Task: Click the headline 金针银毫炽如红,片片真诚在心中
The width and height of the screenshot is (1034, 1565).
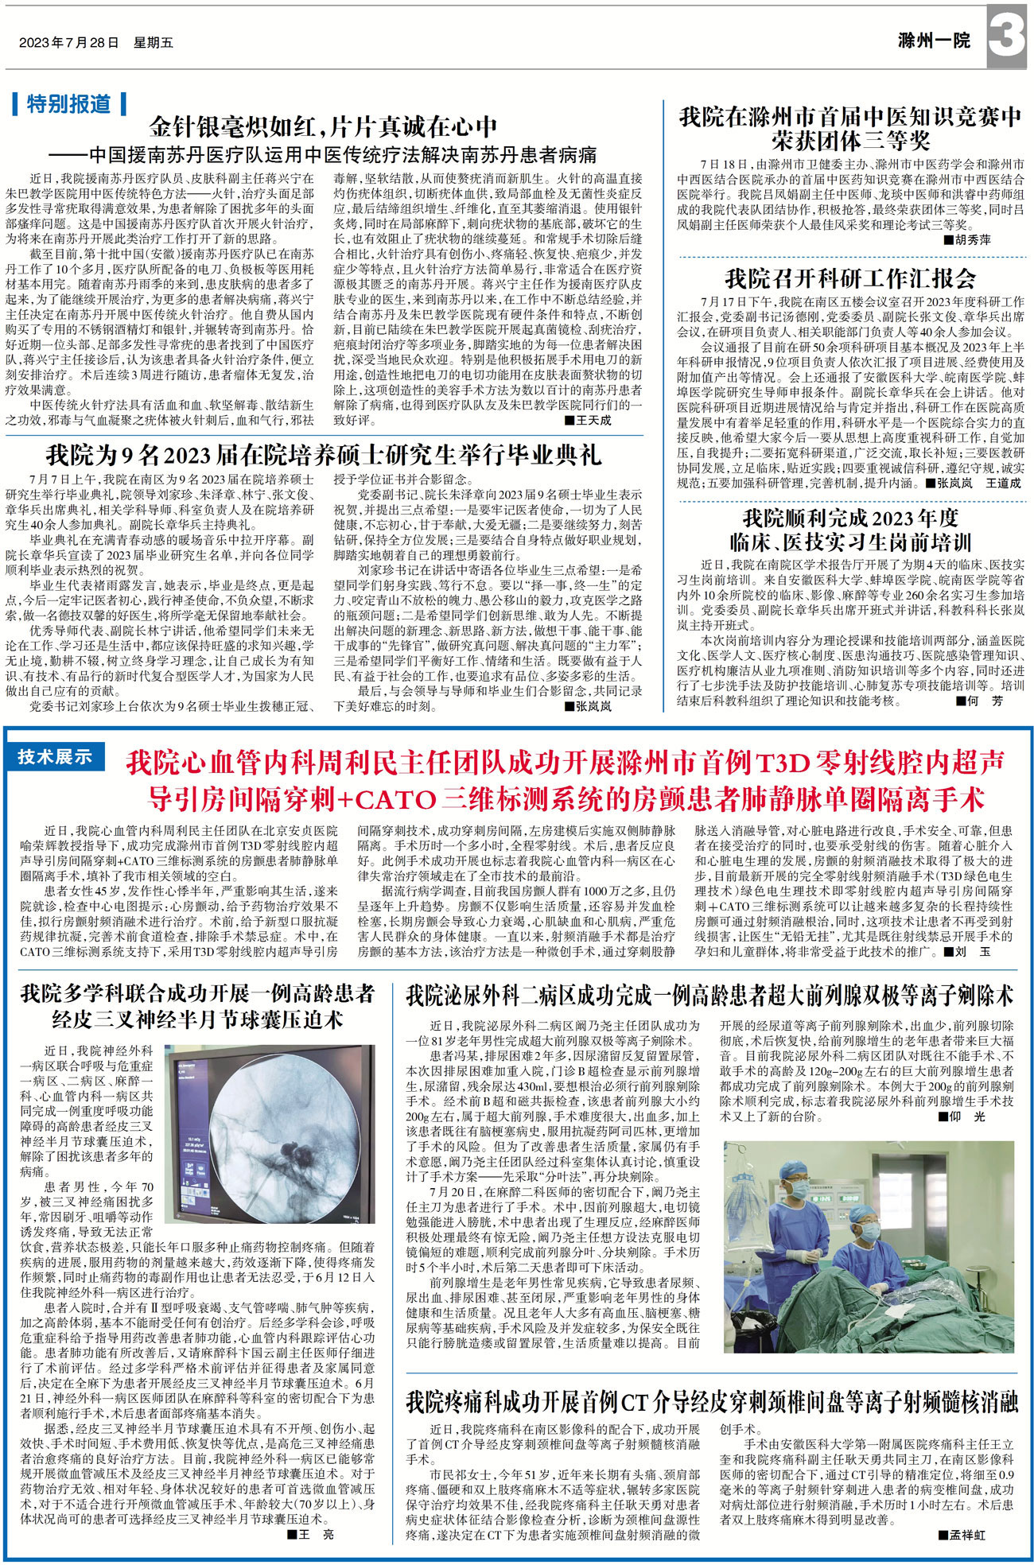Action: pyautogui.click(x=324, y=126)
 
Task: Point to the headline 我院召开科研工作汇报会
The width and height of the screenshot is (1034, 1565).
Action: pyautogui.click(x=850, y=278)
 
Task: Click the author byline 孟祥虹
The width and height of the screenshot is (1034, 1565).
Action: pyautogui.click(x=966, y=1535)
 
